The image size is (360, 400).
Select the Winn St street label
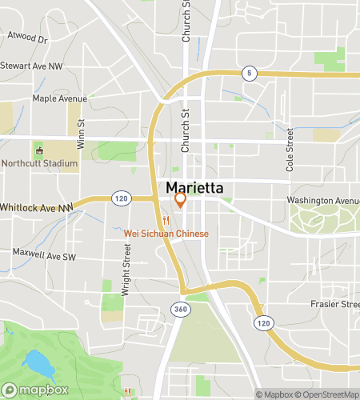[x=81, y=126]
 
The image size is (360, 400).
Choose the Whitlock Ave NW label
[x=36, y=207]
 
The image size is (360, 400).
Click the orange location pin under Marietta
[x=180, y=200]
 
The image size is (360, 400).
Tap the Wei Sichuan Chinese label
[x=166, y=234]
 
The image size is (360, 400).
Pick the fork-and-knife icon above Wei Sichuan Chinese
[x=166, y=219]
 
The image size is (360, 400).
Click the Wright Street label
[x=126, y=270]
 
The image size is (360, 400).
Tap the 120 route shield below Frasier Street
[x=262, y=321]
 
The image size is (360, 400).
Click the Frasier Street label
[x=335, y=304]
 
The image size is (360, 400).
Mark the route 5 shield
[x=250, y=74]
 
